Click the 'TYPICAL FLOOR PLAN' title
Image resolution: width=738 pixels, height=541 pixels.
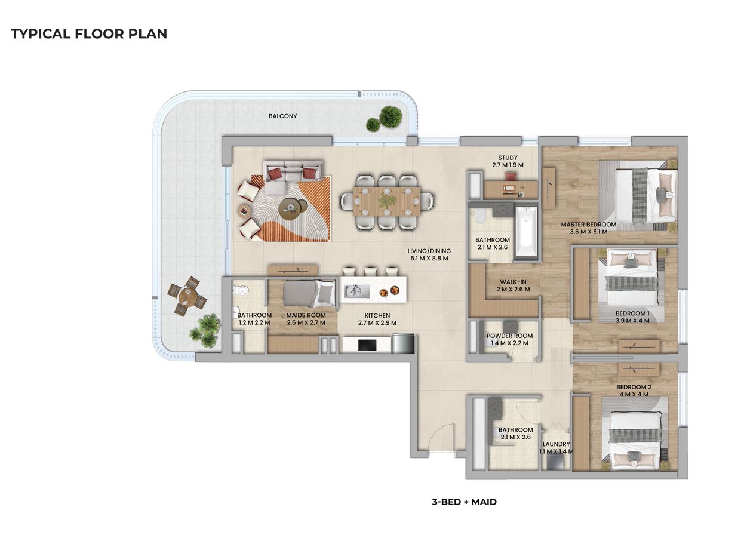coord(89,34)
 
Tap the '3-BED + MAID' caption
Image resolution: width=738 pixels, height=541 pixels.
coord(464,502)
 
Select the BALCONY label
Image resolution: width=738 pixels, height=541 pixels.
coord(282,116)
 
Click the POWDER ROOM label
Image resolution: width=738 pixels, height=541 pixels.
coord(509,336)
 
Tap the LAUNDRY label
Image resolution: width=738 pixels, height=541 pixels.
coord(556,444)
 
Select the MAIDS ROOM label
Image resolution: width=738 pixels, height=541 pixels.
coord(306,315)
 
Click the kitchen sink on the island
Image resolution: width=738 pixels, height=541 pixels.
coord(356,291)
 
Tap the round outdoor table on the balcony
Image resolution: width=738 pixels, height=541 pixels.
coord(187,296)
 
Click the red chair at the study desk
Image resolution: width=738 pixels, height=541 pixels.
coord(511,175)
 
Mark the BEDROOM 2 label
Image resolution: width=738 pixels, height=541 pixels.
coord(634,387)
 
